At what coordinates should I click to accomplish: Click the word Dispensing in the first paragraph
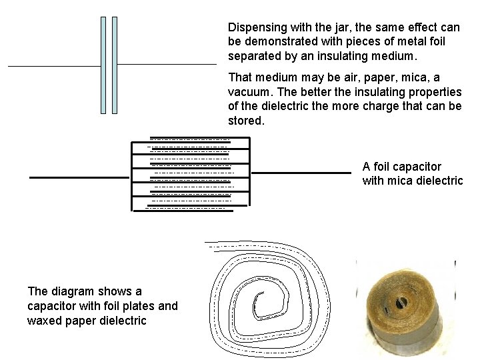click(x=258, y=27)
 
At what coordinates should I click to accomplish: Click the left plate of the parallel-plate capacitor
click(x=103, y=65)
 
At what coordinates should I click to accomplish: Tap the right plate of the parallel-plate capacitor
click(x=115, y=65)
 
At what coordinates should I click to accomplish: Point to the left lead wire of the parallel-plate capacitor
click(x=53, y=67)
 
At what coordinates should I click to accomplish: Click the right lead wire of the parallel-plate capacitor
click(x=167, y=65)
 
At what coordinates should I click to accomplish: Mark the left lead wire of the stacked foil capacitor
click(x=79, y=177)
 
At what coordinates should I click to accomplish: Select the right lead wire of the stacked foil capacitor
click(x=300, y=173)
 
